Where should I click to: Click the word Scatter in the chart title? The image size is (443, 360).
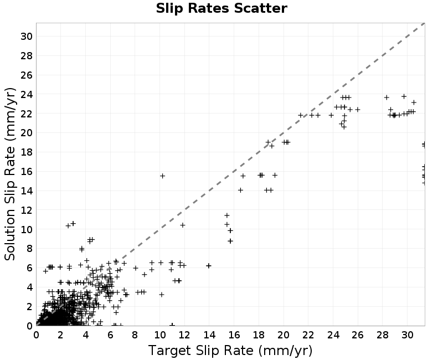click(x=260, y=8)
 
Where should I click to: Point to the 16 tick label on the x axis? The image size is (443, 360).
click(x=234, y=336)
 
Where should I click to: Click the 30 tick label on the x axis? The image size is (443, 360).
click(x=408, y=336)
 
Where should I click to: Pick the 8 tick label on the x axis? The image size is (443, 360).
click(x=135, y=336)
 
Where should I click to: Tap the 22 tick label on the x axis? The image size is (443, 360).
click(x=308, y=336)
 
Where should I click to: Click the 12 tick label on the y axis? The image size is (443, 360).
click(x=27, y=210)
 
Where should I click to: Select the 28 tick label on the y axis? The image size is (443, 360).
click(x=27, y=56)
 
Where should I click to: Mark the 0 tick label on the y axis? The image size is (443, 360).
click(x=29, y=326)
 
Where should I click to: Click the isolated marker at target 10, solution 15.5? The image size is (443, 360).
click(x=162, y=176)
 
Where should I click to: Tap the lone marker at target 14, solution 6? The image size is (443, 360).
click(x=209, y=266)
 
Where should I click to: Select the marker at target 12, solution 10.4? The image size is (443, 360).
click(x=183, y=225)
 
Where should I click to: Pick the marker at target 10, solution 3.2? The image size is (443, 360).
click(x=162, y=295)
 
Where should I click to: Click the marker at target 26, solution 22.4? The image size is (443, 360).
click(x=357, y=109)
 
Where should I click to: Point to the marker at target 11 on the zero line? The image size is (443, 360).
click(x=172, y=325)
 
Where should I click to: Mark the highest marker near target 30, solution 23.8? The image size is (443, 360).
click(x=404, y=96)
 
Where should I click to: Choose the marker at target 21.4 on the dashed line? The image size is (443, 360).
click(x=301, y=115)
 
